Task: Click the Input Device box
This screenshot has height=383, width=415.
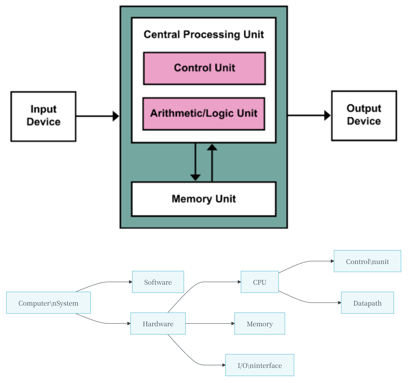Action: [x=43, y=116]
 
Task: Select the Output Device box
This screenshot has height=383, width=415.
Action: [x=364, y=116]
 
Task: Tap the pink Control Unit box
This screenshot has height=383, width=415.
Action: [x=204, y=68]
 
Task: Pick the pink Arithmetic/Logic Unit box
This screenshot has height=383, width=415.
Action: [x=204, y=114]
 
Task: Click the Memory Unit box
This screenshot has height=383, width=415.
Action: [x=204, y=199]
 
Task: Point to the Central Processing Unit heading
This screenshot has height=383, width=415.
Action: [x=204, y=35]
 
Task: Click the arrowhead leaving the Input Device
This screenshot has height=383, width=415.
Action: [x=116, y=116]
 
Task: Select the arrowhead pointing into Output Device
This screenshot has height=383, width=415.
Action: [x=327, y=116]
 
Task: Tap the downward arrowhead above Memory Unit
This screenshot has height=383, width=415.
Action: [x=195, y=177]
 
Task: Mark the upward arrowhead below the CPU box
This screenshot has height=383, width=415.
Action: [x=212, y=147]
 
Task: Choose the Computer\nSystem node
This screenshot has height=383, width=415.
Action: [x=48, y=303]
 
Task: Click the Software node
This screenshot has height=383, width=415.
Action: [x=158, y=282]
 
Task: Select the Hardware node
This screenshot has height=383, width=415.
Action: [x=158, y=323]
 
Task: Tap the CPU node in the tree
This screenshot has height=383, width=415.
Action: [x=260, y=282]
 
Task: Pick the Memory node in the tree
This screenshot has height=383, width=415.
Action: [x=260, y=323]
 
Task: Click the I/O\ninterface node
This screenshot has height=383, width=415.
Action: [x=260, y=365]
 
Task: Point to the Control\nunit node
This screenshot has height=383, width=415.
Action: [x=367, y=261]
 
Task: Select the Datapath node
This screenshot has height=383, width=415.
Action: [x=367, y=303]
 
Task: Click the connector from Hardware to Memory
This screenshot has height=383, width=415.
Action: [x=210, y=323]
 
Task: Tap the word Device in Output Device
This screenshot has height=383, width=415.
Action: [x=364, y=121]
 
